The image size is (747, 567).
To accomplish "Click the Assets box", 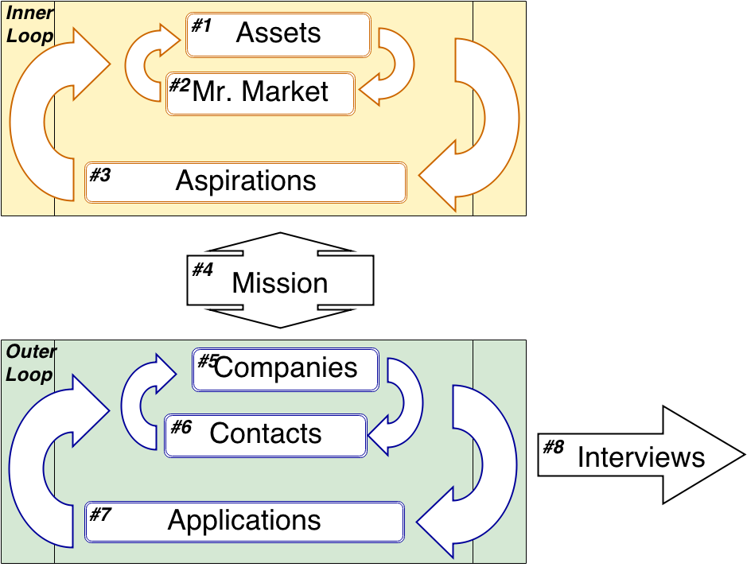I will click(278, 34).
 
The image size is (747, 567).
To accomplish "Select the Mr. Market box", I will click(260, 92).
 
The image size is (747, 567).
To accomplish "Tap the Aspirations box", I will click(246, 181).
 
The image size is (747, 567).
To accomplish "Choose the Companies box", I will click(286, 369).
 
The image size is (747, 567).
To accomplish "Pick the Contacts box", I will click(266, 434).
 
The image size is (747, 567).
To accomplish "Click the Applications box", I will click(244, 521).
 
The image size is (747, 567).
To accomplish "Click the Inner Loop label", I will click(30, 25).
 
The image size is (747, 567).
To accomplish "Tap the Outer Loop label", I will click(30, 363).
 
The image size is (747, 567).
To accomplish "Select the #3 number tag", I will click(100, 175).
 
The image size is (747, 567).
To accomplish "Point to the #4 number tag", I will click(204, 270).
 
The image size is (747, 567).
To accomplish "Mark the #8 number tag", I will click(553, 447).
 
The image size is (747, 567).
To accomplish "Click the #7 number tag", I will click(100, 515).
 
